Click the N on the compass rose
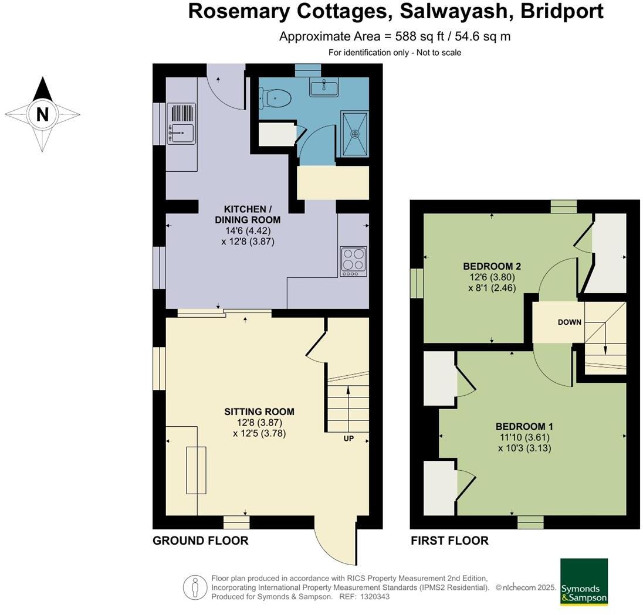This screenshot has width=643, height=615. coord(42,114)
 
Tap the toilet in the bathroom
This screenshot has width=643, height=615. coord(277,98)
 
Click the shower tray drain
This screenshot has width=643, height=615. coord(354,134)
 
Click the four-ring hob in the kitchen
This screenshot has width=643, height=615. coord(354,261)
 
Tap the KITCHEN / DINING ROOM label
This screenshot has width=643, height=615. coord(248,215)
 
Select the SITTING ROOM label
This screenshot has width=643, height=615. coord(259,412)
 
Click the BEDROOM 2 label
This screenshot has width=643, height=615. coord(492,266)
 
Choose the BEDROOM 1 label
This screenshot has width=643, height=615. coord(524,426)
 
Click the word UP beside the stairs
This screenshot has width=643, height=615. coord(348,439)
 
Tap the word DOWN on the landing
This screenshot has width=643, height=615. coord(569,322)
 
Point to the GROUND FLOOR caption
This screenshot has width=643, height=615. coord(200,541)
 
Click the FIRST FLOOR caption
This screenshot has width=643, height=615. coord(449,541)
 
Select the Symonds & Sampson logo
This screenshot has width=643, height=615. coord(584,582)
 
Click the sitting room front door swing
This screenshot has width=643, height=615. coord(334,539)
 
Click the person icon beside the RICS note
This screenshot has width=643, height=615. coord(194,587)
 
